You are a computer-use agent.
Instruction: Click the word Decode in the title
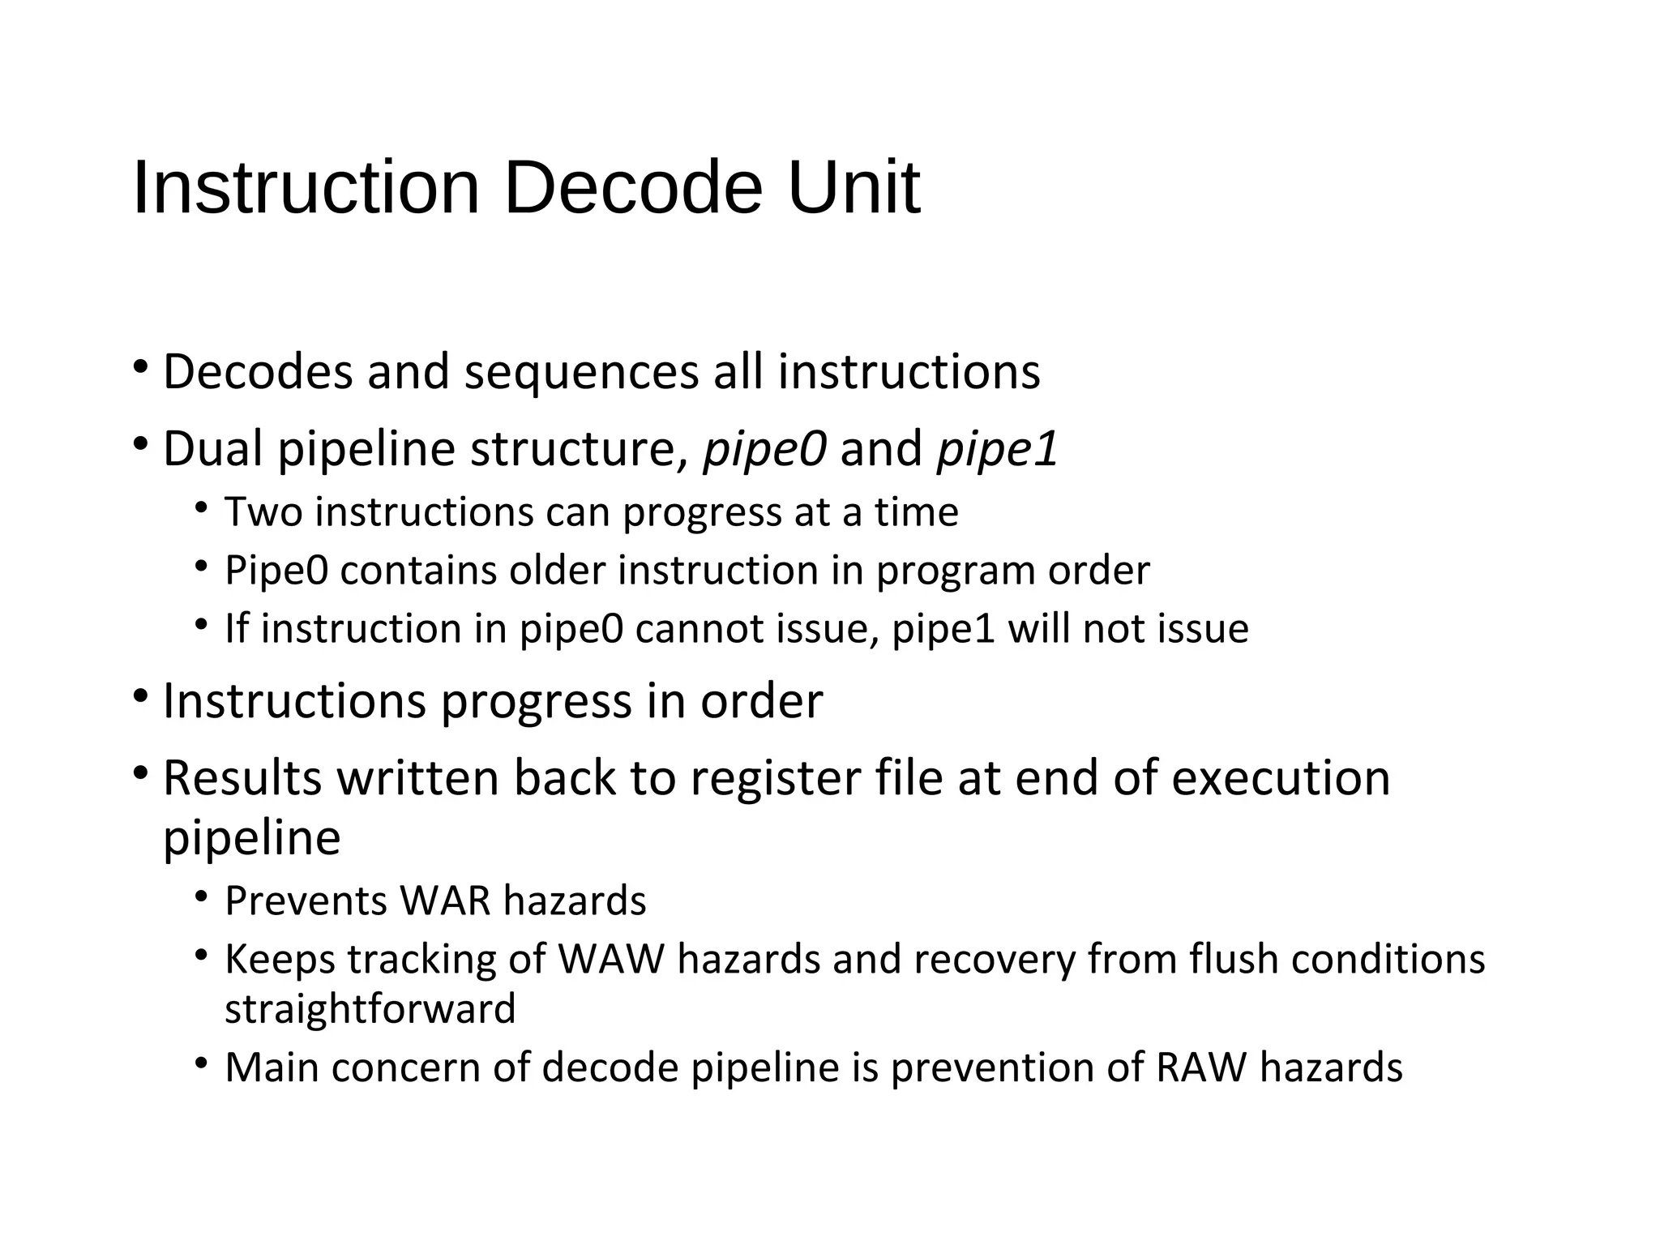(x=632, y=188)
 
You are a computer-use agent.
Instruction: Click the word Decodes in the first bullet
(x=258, y=372)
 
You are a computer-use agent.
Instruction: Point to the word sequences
(x=581, y=372)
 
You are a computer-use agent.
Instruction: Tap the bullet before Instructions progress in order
(x=141, y=696)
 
